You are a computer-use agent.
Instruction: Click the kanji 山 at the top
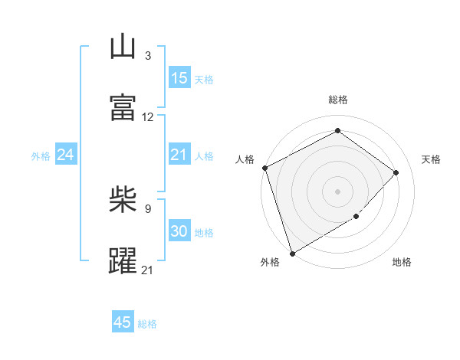(x=123, y=47)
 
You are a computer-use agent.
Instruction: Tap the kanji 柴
(x=123, y=201)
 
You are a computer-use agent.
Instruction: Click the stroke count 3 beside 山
(x=147, y=55)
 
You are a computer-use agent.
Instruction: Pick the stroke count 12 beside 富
(x=148, y=117)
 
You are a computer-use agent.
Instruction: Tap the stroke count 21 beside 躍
(x=148, y=270)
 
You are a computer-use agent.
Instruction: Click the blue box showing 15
(x=179, y=78)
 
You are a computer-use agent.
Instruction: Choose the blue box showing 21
(x=179, y=155)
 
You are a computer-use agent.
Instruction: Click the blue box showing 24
(x=66, y=155)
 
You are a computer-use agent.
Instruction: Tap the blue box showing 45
(x=123, y=322)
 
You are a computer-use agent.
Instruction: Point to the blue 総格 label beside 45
(x=147, y=324)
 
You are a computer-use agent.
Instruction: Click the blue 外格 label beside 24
(x=41, y=156)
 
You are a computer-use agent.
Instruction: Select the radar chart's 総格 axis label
(x=337, y=100)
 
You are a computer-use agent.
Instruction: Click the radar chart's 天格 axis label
(x=431, y=159)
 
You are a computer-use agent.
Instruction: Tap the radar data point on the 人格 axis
(x=264, y=168)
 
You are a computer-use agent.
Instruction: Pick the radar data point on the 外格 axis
(x=292, y=253)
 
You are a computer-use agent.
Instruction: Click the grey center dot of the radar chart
(x=337, y=191)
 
